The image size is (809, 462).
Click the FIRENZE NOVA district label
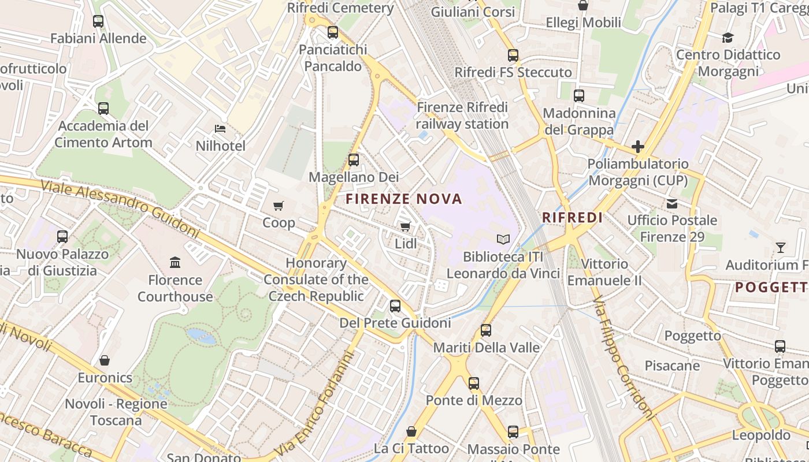pyautogui.click(x=404, y=199)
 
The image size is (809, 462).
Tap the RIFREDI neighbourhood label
pyautogui.click(x=572, y=218)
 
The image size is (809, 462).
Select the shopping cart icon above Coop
pyautogui.click(x=279, y=206)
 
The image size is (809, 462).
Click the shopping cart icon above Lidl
pyautogui.click(x=405, y=227)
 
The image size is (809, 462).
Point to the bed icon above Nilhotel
pyautogui.click(x=220, y=128)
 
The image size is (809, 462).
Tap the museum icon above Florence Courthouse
pyautogui.click(x=175, y=263)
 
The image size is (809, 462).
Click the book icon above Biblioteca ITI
pyautogui.click(x=503, y=239)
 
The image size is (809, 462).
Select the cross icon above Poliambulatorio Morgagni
pyautogui.click(x=637, y=147)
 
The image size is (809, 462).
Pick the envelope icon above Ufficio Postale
pyautogui.click(x=672, y=203)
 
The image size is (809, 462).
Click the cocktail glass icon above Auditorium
pyautogui.click(x=780, y=248)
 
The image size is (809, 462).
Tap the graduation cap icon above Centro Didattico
pyautogui.click(x=728, y=38)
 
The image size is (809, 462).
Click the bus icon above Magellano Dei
pyautogui.click(x=354, y=160)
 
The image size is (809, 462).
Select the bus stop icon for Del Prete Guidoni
pyautogui.click(x=395, y=306)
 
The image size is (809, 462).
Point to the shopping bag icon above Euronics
pyautogui.click(x=105, y=360)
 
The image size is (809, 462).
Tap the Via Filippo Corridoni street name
pyautogui.click(x=624, y=358)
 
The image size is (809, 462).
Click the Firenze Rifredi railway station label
pyautogui.click(x=462, y=115)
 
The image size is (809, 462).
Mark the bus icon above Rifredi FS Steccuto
pyautogui.click(x=513, y=55)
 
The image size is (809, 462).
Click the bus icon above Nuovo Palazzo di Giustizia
pyautogui.click(x=62, y=237)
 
